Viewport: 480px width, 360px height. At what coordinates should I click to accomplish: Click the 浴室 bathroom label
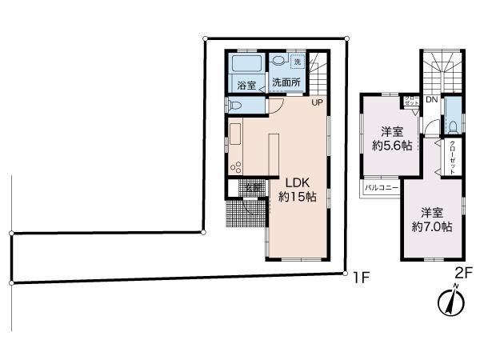coord(245,83)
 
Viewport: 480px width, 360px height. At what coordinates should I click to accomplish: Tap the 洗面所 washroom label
coord(286,82)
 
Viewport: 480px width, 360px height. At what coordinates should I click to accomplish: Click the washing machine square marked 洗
coord(297,62)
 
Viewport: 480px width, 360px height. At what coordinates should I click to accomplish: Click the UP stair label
coord(317,102)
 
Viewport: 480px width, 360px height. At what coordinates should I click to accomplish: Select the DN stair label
coord(430,101)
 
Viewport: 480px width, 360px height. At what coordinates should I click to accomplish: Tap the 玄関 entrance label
coord(251,187)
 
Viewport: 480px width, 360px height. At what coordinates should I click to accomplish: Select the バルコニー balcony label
coord(382,187)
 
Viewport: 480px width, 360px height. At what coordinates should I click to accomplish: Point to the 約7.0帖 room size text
coord(433,226)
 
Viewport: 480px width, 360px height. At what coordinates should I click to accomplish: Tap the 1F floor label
coord(359,278)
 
